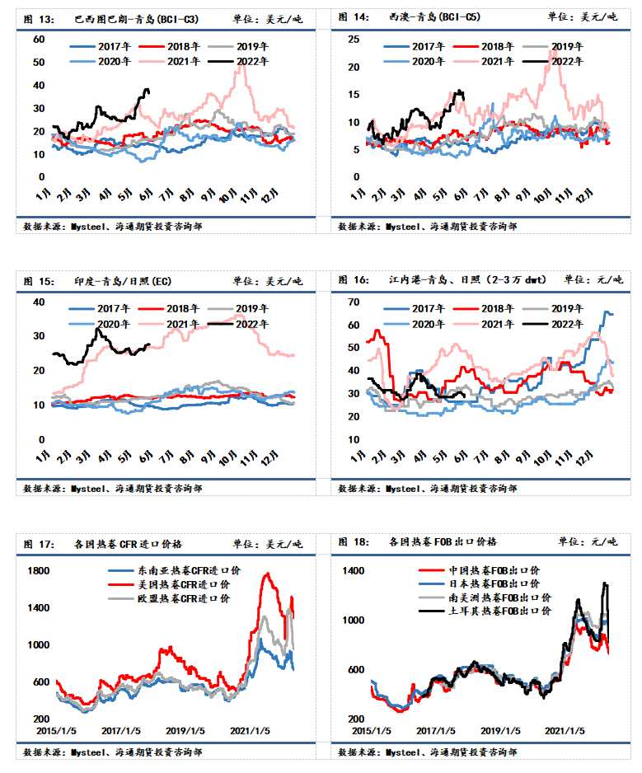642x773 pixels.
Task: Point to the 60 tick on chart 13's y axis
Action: tap(39, 40)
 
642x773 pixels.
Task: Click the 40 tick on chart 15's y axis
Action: tap(39, 302)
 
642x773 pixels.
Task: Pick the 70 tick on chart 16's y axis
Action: tap(354, 302)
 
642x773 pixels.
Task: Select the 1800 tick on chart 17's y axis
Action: tap(39, 570)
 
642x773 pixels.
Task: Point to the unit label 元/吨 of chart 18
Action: tap(608, 542)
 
